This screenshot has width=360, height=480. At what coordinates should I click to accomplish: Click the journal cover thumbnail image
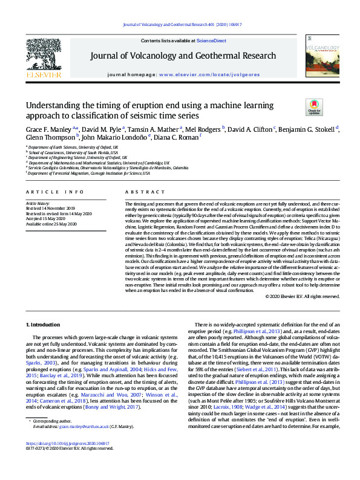[317, 60]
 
